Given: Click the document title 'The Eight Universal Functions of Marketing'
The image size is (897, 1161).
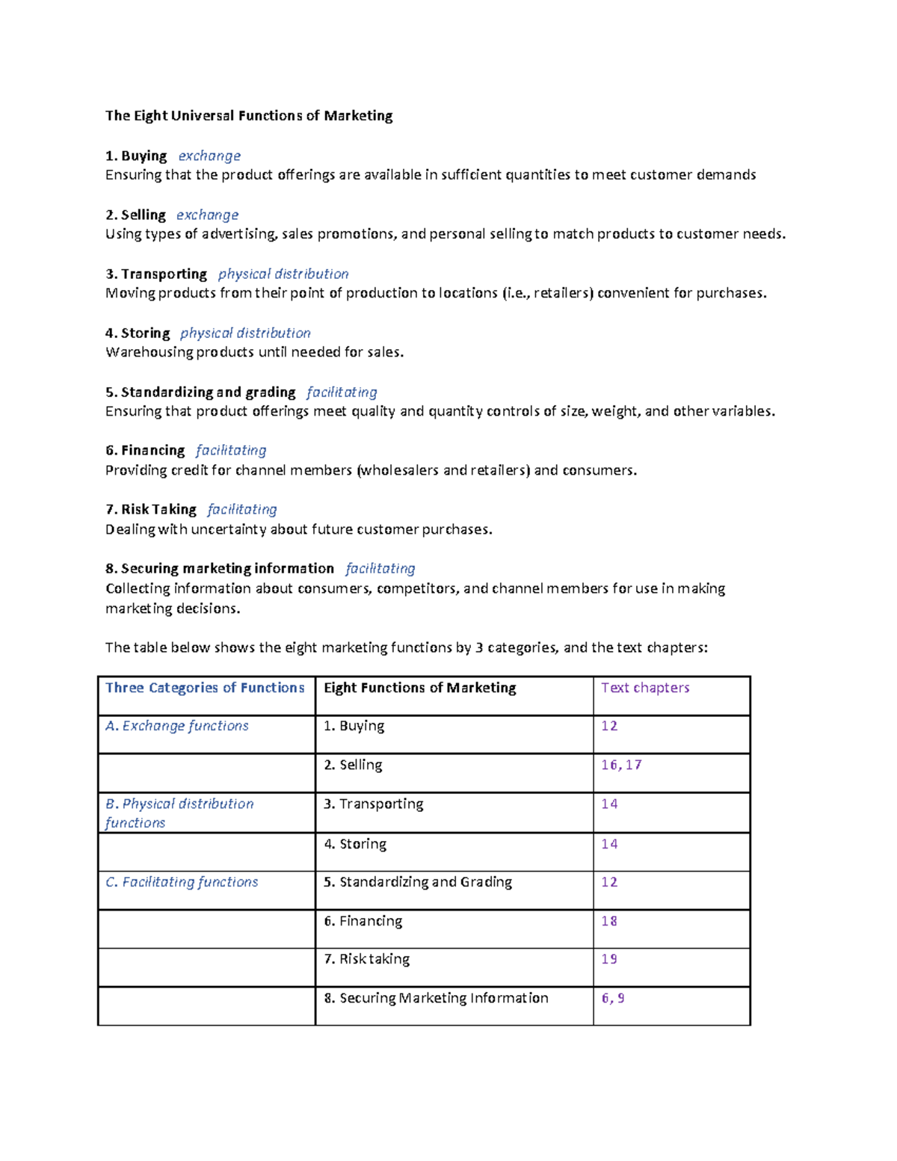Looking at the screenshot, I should coord(249,116).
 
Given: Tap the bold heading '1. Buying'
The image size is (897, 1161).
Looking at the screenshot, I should coord(136,156).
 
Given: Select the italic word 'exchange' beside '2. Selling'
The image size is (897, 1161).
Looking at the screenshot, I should coord(207,215).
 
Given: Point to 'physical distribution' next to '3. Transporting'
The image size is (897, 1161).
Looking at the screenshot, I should coord(283,274).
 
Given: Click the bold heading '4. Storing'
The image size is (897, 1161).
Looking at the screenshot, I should coord(138,333).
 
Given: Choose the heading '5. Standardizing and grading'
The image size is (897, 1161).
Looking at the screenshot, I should coord(200,392).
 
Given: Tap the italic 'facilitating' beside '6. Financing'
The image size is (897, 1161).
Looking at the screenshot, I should coord(231,451).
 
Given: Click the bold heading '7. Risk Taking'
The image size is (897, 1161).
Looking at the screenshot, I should coord(151,510).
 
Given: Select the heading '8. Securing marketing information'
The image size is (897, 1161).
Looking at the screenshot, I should coord(220,569).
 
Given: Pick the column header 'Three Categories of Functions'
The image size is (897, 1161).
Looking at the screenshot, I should coord(205,688).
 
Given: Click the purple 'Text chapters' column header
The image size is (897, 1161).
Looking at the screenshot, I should coord(645,688).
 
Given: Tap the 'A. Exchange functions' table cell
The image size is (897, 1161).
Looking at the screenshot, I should coord(177,726).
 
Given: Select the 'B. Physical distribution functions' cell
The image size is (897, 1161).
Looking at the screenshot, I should coord(179,813).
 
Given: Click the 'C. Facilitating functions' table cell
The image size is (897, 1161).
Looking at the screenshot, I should coord(182,882).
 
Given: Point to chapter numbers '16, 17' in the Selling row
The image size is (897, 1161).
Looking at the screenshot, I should coord(621,765).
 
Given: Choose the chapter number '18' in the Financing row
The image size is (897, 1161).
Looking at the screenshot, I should coord(609,921).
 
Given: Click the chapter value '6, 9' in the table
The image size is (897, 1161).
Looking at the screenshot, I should coord(613,998).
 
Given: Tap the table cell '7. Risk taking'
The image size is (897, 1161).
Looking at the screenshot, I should coord(367,959).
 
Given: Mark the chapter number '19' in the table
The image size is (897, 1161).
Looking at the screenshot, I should coord(609,959).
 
